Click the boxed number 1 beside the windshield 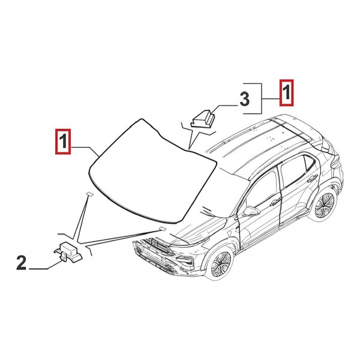pos(62,142)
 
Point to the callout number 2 pos(21,262)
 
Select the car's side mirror pos(250,211)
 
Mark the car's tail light pos(334,161)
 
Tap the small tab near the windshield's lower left pos(88,194)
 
